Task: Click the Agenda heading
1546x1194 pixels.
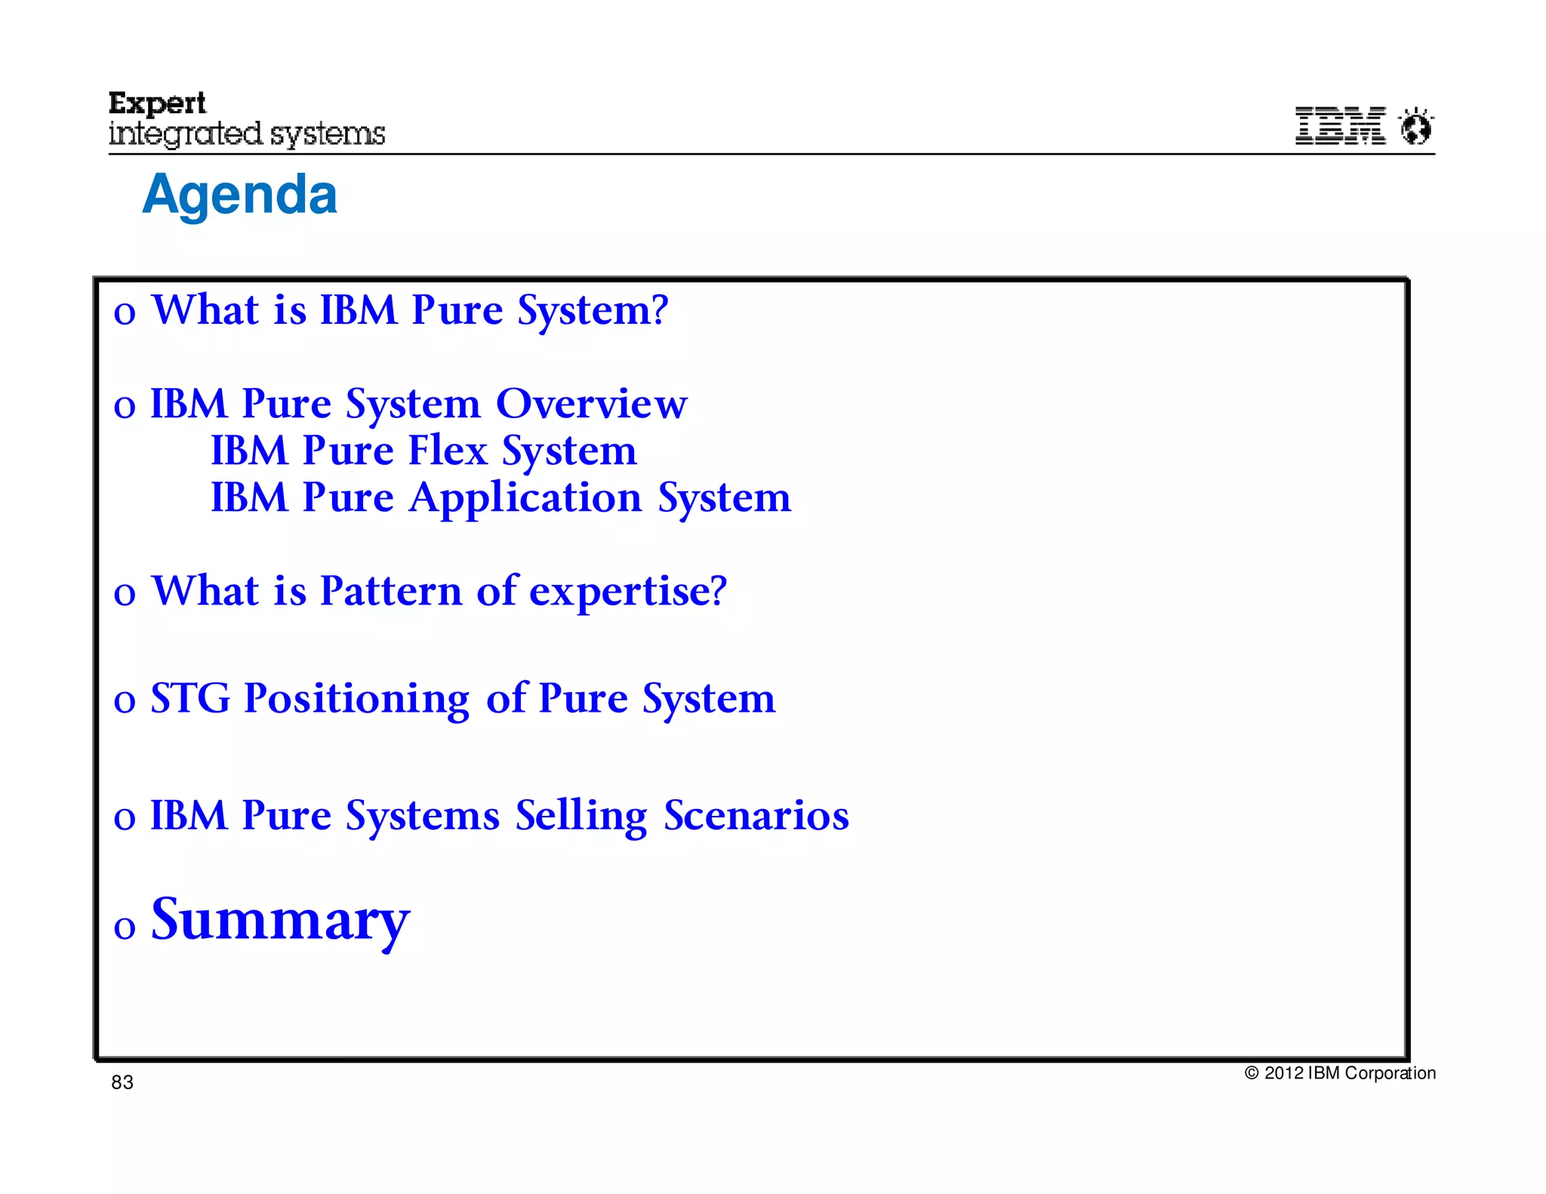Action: (x=239, y=195)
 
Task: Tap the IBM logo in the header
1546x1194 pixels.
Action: (x=1340, y=125)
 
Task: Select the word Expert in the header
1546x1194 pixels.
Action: (x=157, y=103)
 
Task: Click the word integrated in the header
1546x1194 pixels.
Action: (x=185, y=134)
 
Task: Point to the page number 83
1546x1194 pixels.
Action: (x=122, y=1082)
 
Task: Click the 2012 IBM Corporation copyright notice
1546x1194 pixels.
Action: (x=1340, y=1072)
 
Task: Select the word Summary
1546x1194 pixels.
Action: (x=280, y=920)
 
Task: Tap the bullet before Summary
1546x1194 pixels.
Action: (x=125, y=927)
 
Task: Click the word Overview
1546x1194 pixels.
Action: (x=591, y=404)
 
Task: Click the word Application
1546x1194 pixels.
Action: (x=525, y=498)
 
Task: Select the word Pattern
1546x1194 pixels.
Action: (x=390, y=591)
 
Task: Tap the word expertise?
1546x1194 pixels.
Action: (x=627, y=592)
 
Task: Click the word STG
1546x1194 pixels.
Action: (x=190, y=698)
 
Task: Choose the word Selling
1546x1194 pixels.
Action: (x=581, y=817)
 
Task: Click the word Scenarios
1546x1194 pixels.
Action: (x=756, y=816)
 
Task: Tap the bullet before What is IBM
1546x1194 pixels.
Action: (x=125, y=313)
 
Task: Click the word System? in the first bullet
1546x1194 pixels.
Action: (x=593, y=311)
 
